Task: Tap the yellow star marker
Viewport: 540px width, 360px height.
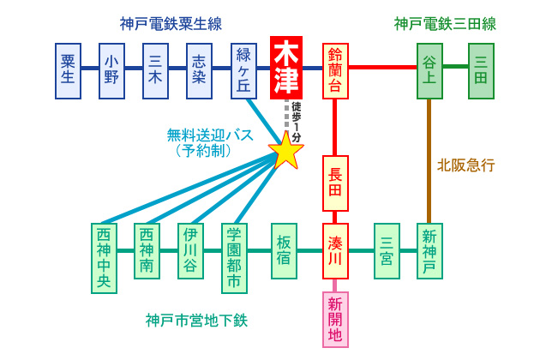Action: [x=286, y=151]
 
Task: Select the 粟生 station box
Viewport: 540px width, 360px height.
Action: [x=69, y=70]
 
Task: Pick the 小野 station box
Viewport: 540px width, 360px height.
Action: [x=112, y=70]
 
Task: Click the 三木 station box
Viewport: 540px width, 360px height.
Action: [x=156, y=70]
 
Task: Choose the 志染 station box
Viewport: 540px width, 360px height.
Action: [x=200, y=70]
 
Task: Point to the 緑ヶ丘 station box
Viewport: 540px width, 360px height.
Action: [x=245, y=70]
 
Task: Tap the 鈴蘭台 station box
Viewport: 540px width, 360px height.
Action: [x=335, y=70]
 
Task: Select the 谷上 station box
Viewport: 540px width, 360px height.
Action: [x=429, y=70]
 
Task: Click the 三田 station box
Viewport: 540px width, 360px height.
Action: [x=481, y=70]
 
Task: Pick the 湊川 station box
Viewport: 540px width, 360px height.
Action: [x=335, y=251]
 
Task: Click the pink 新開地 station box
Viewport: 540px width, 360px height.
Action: [x=335, y=319]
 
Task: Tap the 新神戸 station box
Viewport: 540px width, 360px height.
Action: [x=429, y=251]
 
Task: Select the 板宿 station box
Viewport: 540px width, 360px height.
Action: [x=284, y=251]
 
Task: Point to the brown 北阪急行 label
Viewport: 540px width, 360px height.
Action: [x=466, y=165]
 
